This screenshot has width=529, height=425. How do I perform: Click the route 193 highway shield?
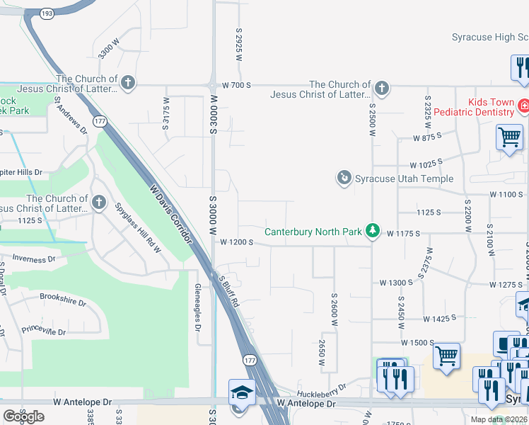click(x=46, y=13)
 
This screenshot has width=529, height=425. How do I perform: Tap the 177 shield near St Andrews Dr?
click(x=99, y=121)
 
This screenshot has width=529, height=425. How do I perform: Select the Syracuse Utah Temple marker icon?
click(x=344, y=177)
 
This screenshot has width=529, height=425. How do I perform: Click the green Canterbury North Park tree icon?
click(x=372, y=231)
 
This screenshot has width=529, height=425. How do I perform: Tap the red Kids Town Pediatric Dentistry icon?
click(x=523, y=106)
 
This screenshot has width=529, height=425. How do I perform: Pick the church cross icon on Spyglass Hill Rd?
click(x=99, y=203)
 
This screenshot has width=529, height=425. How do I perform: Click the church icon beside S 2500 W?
click(x=381, y=89)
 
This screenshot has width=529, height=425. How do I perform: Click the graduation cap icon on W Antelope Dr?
click(x=241, y=392)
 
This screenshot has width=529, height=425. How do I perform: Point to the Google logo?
click(x=23, y=416)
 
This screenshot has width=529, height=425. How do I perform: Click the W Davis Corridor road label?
click(x=170, y=213)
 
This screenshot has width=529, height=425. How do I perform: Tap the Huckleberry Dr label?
click(x=322, y=387)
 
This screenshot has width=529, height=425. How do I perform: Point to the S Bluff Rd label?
click(x=228, y=290)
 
